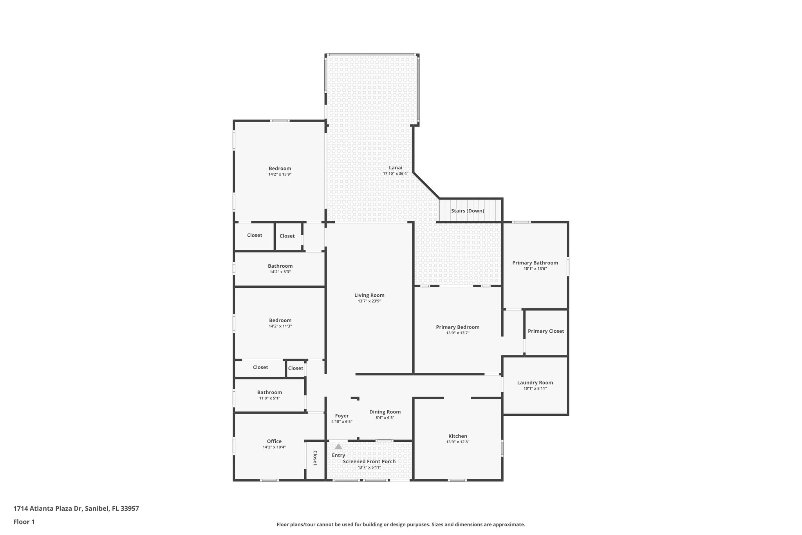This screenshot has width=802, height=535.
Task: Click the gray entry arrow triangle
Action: coord(338,446)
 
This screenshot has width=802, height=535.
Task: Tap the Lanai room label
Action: coord(396,168)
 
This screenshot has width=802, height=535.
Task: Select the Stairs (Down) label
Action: coord(467,211)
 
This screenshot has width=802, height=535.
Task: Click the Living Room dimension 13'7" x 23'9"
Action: coord(369,301)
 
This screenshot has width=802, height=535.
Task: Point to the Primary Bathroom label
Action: coord(535,263)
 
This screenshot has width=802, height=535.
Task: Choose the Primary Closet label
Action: coord(546,331)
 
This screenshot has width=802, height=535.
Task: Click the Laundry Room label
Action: coord(535,383)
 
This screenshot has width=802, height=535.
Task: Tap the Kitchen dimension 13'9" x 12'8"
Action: coord(457,442)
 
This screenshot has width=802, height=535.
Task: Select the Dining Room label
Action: coord(385,412)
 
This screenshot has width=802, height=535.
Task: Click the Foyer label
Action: coord(342,416)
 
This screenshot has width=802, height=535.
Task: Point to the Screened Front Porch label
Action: coord(369,462)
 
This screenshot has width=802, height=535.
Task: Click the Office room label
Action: coord(274,441)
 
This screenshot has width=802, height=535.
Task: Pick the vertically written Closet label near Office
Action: coord(315,458)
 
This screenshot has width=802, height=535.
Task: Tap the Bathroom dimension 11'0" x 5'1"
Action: coord(269,398)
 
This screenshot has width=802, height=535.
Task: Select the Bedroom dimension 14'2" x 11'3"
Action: coord(280,326)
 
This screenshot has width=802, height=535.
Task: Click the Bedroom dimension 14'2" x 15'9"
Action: coord(280,174)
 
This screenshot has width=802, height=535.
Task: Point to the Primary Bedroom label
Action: coord(457,327)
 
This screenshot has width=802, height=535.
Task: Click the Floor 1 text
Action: coord(24,522)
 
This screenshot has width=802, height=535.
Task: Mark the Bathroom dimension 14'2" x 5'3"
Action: coord(280,272)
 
